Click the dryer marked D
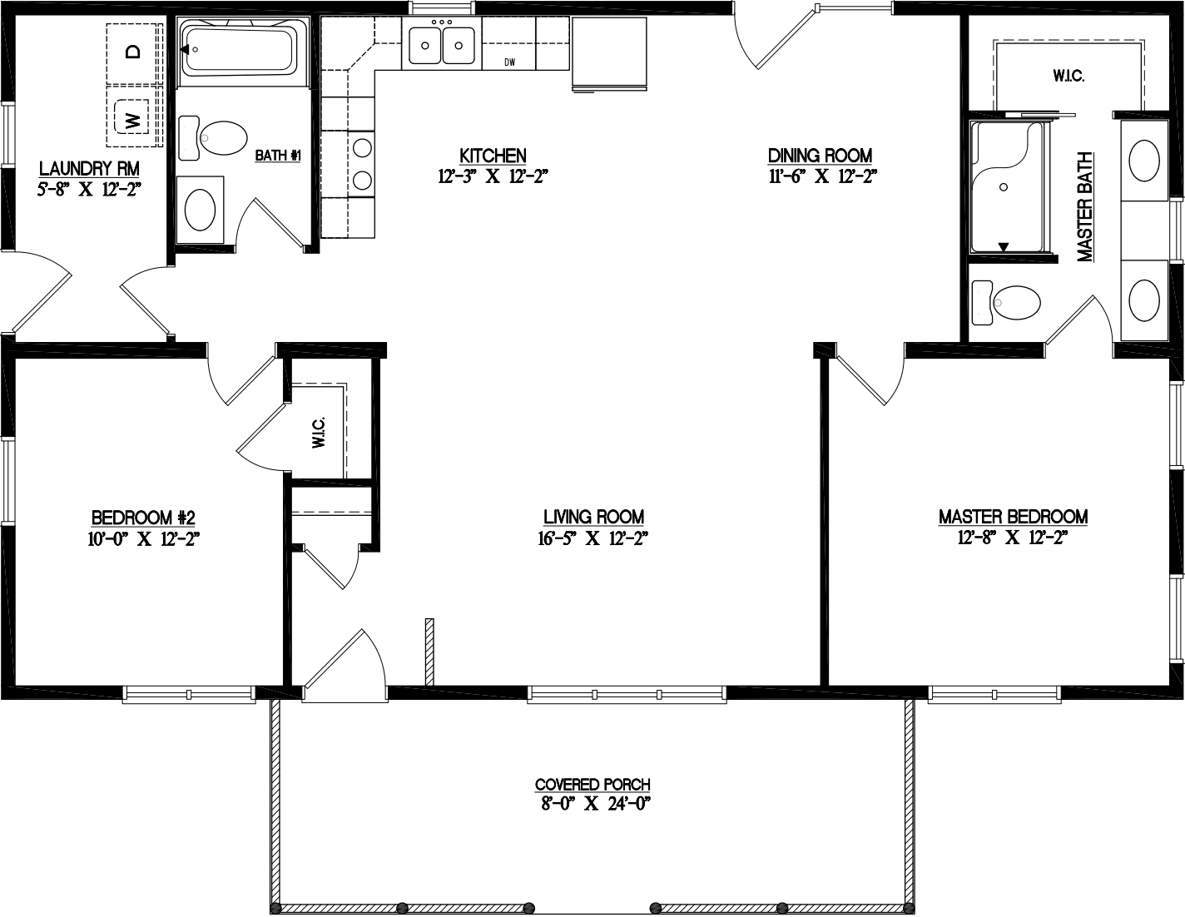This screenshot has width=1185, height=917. click(x=132, y=52)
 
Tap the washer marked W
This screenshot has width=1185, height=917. click(x=131, y=117)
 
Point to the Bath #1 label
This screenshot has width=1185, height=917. click(x=277, y=156)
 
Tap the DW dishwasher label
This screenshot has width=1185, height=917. click(x=510, y=62)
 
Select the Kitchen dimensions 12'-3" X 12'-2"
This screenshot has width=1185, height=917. click(x=493, y=176)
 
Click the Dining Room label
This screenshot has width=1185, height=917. click(x=820, y=156)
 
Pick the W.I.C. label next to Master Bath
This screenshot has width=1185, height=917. click(x=1068, y=76)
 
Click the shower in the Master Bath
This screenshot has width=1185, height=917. click(x=1007, y=186)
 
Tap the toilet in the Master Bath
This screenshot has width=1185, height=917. click(x=1009, y=302)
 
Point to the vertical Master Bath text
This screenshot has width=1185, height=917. click(x=1084, y=207)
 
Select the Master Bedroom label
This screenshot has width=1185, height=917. click(x=1013, y=517)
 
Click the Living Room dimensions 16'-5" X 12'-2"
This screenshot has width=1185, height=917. click(x=593, y=538)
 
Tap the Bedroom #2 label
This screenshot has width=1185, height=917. click(x=143, y=517)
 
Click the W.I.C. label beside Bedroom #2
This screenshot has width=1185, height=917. click(x=319, y=433)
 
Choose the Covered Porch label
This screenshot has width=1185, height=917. click(x=592, y=784)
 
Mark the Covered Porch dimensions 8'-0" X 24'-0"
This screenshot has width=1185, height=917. click(x=592, y=804)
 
